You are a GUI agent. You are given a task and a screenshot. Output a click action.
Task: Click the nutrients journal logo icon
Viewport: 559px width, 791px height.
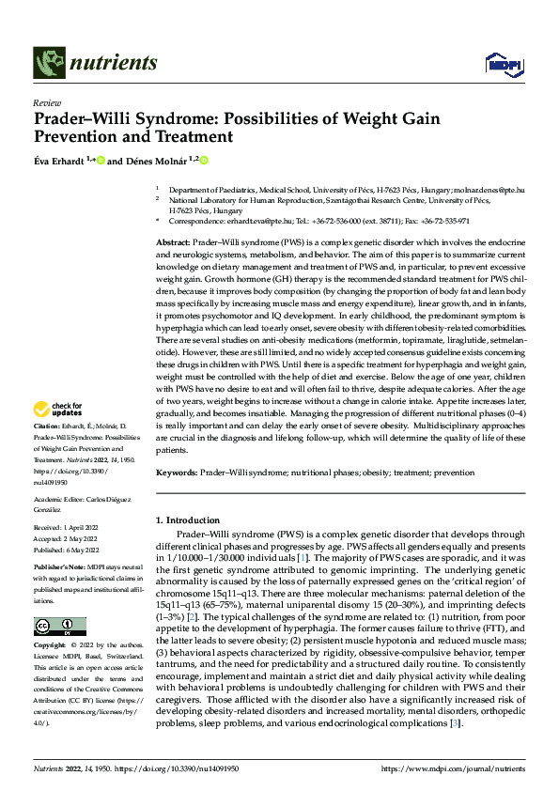[x=47, y=62]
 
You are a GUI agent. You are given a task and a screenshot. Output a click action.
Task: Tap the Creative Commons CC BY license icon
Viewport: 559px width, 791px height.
[x=59, y=627]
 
